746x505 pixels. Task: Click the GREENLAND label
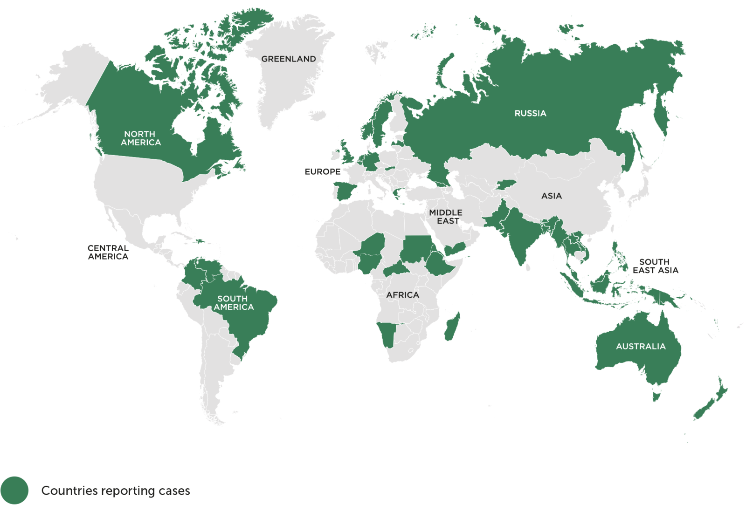pos(288,59)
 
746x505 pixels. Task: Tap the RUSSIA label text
pos(530,114)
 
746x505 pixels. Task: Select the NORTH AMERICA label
pos(140,138)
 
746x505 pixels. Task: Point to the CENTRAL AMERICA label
pos(108,252)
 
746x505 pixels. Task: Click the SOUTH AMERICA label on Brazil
pos(234,303)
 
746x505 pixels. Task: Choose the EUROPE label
pos(322,172)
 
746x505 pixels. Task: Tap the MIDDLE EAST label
pos(446,217)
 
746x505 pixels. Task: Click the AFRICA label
pos(402,295)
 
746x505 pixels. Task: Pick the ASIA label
pos(551,196)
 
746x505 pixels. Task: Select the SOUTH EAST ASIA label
pos(655,266)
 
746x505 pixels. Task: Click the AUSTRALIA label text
pos(641,347)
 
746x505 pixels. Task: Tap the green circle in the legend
pos(14,490)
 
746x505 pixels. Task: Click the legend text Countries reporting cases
pos(116,491)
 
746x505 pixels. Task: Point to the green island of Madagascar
pos(452,327)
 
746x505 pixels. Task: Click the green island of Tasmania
pos(656,396)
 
